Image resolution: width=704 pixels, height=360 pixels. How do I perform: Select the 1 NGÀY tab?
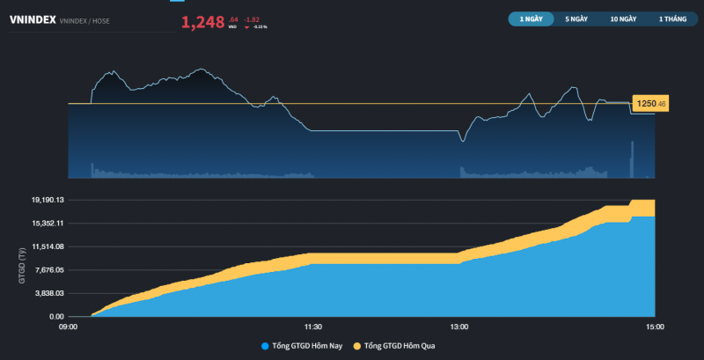[x=532, y=18]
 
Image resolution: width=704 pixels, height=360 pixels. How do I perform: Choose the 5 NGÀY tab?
[x=576, y=18]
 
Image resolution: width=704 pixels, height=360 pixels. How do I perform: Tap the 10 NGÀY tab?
[x=623, y=18]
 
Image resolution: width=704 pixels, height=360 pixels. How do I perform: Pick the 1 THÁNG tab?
[x=671, y=18]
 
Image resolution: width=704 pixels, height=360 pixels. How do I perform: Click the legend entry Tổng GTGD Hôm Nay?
[x=307, y=346]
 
